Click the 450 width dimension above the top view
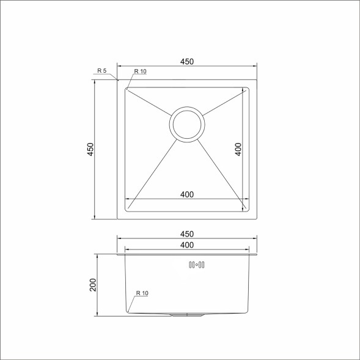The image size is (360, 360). click(187, 62)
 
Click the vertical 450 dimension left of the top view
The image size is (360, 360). click(90, 149)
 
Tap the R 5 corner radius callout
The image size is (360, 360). click(102, 71)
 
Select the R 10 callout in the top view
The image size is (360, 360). click(140, 72)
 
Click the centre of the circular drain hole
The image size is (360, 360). click(187, 125)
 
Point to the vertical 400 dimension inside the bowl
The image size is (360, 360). click(238, 149)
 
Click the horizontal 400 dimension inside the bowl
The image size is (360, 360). click(187, 194)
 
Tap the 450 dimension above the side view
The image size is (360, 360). click(187, 234)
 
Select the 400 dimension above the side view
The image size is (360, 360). click(187, 245)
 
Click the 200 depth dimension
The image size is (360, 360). click(93, 285)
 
